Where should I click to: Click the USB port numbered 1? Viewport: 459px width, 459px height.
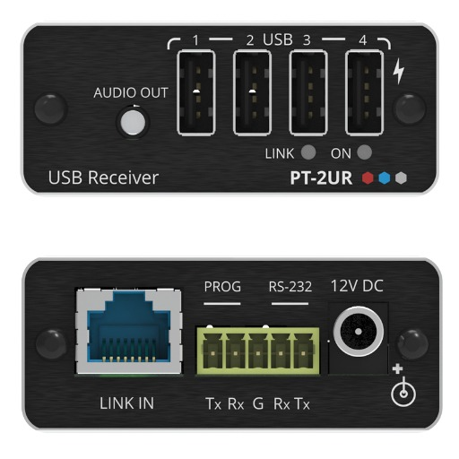tap(196, 92)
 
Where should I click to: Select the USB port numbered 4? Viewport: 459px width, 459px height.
tap(365, 92)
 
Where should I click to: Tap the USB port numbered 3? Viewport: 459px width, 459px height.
tap(308, 92)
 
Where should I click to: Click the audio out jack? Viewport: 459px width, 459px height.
tap(133, 122)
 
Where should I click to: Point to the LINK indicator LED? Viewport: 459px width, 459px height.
tap(308, 152)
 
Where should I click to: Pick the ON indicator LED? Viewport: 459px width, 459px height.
tap(364, 152)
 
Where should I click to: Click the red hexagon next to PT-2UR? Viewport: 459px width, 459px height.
tap(368, 178)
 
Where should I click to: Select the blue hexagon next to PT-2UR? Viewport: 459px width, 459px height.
tap(385, 178)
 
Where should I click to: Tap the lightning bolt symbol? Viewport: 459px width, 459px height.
tap(399, 71)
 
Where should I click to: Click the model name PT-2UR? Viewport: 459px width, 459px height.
tap(321, 178)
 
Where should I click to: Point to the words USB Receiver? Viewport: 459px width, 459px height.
tap(103, 178)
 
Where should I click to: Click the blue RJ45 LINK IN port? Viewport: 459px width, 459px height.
tap(129, 331)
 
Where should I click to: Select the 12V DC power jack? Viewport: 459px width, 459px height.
tap(359, 332)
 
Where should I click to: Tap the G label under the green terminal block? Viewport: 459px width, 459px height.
tap(258, 403)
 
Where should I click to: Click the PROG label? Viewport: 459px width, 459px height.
tap(222, 287)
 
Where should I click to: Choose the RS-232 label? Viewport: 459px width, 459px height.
tap(290, 287)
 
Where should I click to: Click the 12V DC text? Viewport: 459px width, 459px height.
tap(357, 286)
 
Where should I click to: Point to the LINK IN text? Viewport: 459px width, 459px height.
tap(126, 403)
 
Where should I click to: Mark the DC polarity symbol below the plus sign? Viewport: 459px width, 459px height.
tap(403, 392)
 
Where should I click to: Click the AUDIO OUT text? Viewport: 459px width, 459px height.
tap(131, 92)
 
